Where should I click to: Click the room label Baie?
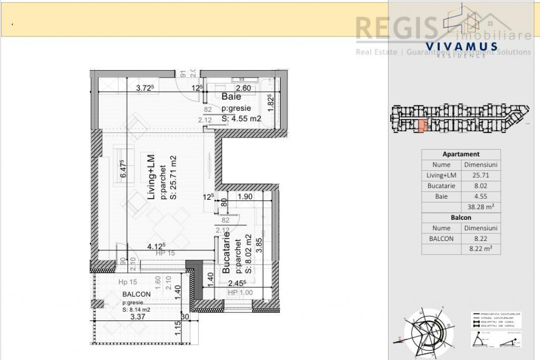coord(232,97)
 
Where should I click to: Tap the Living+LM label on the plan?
coord(150,177)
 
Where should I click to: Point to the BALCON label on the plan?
coord(137,294)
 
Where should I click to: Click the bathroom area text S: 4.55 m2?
coord(242,119)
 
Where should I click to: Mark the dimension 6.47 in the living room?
coord(123,170)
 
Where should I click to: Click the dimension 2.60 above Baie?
coord(243,88)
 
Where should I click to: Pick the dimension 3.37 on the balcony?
coord(138,317)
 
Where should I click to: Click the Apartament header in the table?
coord(461,154)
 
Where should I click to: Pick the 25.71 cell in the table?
coord(480,175)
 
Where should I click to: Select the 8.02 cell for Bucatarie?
coord(480,186)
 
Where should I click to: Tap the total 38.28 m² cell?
coord(480,207)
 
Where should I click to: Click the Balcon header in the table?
coord(461,217)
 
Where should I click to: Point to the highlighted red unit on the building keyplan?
coord(422,125)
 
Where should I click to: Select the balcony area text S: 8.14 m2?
coord(137,310)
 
